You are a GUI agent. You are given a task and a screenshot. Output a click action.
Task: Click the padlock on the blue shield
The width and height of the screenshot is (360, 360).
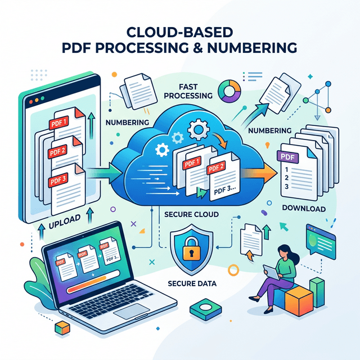(192, 249)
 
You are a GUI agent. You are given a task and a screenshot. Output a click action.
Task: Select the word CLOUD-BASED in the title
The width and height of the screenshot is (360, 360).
(180, 33)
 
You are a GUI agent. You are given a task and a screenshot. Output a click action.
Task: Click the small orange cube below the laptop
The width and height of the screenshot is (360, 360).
(57, 327)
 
